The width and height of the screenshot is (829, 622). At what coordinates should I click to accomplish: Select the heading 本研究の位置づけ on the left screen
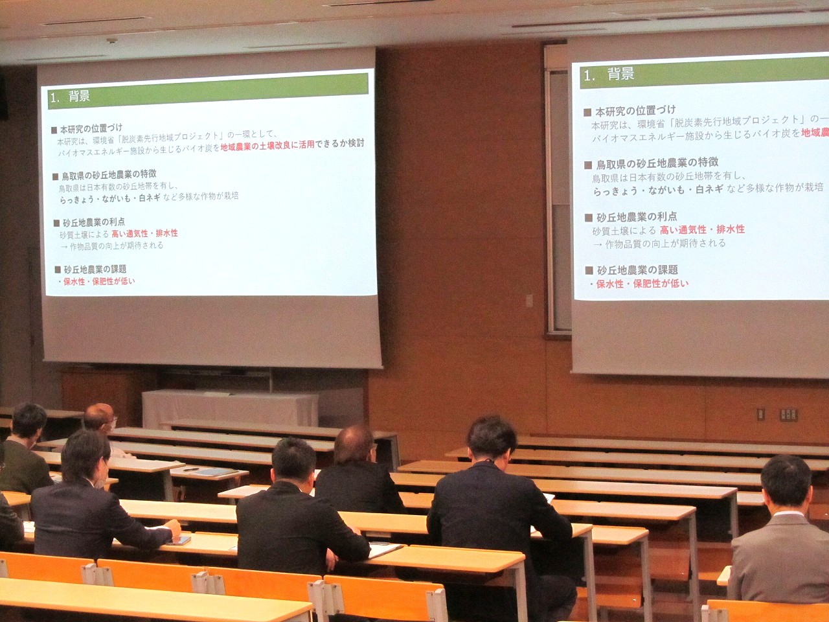click(x=91, y=128)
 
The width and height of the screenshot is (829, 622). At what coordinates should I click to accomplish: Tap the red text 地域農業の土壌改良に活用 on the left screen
click(x=267, y=145)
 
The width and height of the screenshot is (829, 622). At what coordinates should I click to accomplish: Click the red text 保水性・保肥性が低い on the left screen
click(x=99, y=281)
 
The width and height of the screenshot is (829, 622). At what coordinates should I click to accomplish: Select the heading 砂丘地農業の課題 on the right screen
click(x=637, y=270)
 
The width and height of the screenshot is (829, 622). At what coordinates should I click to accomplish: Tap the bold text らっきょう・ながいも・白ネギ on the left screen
click(x=109, y=197)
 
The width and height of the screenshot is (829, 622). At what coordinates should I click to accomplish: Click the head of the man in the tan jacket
click(x=786, y=480)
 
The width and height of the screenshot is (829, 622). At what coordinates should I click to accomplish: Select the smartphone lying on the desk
click(x=181, y=540)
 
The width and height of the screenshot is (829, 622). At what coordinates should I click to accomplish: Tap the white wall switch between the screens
click(x=529, y=301)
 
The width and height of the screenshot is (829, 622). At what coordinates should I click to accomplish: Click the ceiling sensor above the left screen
click(x=112, y=41)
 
